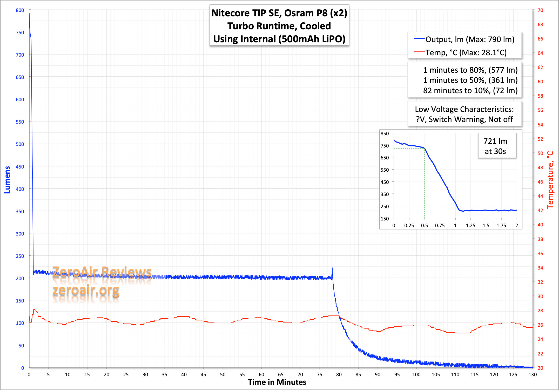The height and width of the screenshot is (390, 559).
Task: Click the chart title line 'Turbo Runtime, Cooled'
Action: (279, 26)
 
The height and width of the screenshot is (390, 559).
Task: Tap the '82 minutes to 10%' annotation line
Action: (470, 90)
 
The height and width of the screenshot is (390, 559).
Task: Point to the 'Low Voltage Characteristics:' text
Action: (464, 109)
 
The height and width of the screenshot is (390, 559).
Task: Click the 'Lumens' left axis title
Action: (7, 180)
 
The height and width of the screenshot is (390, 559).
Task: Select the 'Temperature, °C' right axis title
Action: (550, 180)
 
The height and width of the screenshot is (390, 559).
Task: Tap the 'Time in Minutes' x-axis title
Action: (277, 382)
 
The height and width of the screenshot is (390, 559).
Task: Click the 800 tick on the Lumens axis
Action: (20, 10)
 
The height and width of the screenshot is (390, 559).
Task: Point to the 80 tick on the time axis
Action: (339, 374)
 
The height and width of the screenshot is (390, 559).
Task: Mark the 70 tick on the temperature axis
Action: (541, 10)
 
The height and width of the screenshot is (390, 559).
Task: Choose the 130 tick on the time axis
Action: (533, 374)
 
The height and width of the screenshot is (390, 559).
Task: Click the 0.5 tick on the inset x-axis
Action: (425, 225)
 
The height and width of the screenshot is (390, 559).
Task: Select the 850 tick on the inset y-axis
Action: (385, 134)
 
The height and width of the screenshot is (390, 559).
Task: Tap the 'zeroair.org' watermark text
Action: (86, 290)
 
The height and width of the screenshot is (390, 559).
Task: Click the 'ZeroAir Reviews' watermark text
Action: (102, 272)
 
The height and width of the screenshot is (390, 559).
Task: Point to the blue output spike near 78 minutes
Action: (332, 268)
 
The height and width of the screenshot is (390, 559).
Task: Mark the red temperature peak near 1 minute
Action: (34, 310)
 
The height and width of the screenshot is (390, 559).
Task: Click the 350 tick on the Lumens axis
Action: (20, 211)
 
